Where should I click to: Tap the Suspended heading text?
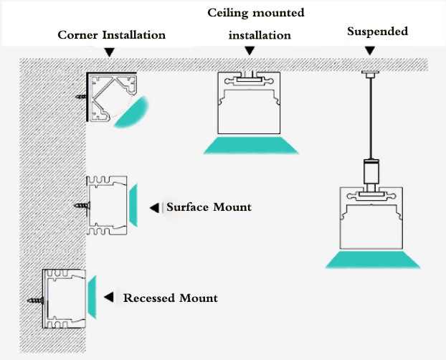[377, 32]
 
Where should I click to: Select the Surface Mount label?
[209, 207]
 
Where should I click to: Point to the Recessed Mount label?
[170, 298]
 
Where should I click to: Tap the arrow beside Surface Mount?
[154, 208]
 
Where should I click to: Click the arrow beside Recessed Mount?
[109, 297]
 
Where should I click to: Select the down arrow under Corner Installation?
[109, 52]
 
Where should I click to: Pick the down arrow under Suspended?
[369, 52]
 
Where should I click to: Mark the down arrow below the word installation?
[250, 51]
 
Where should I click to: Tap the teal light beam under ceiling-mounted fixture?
[250, 145]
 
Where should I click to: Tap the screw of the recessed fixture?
[36, 296]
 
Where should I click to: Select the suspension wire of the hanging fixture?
[370, 115]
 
